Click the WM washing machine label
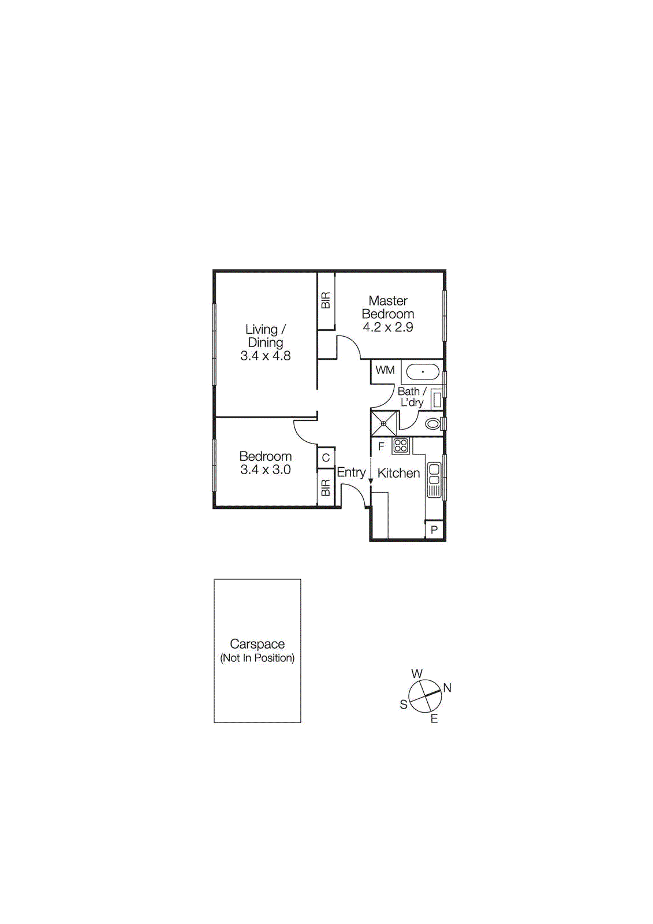tap(385, 370)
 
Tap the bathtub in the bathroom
tap(423, 371)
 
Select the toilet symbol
tap(433, 424)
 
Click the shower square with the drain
tap(384, 423)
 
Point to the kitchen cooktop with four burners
tap(401, 445)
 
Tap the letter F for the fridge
tap(381, 446)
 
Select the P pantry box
tap(434, 530)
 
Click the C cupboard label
tap(326, 458)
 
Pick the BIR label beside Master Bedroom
tap(326, 300)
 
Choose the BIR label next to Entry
tap(326, 488)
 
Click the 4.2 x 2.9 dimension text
tap(388, 327)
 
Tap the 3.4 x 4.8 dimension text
tap(266, 356)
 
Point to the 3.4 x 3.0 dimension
tap(266, 470)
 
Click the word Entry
tap(351, 472)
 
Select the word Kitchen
tap(398, 474)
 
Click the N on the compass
tap(447, 688)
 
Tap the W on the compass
tap(417, 674)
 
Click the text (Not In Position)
tap(258, 658)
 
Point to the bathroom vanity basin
tap(437, 400)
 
